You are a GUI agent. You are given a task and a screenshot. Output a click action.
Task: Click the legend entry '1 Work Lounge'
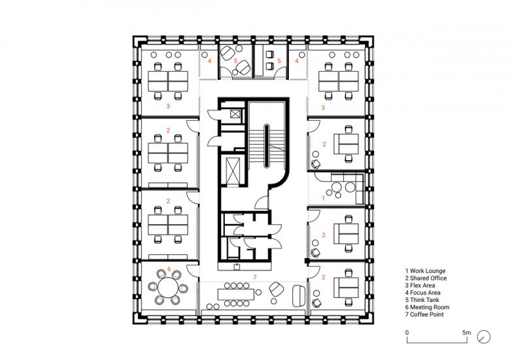[425, 270]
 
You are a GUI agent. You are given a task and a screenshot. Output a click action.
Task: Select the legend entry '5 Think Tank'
[422, 300]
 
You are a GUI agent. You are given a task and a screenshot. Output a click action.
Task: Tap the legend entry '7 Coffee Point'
[424, 314]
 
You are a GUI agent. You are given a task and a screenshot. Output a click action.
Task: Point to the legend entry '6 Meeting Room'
[427, 307]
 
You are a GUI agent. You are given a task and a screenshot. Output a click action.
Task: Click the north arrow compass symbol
[484, 337]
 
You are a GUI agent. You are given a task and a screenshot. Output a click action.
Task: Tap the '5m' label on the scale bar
[466, 333]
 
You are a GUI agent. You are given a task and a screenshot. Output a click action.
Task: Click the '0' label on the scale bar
[407, 333]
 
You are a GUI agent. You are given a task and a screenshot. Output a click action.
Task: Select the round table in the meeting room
[168, 287]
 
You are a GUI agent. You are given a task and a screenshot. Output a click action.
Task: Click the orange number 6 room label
[169, 269]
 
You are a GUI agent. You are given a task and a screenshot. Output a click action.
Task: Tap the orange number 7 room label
[255, 277]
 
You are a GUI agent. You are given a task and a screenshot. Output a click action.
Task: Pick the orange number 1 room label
[323, 198]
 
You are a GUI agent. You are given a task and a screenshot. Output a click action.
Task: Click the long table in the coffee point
[236, 295]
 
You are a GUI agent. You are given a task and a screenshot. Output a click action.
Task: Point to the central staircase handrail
[266, 146]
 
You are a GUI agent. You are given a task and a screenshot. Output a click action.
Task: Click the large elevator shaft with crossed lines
[233, 171]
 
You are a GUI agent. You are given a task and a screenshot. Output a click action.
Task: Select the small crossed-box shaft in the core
[235, 114]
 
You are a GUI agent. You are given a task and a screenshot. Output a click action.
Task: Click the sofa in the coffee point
[299, 296]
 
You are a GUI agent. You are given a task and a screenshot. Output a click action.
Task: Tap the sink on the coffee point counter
[237, 267]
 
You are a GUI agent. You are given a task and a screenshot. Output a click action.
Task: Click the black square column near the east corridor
[306, 260]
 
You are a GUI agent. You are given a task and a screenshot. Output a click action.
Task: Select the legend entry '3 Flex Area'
[420, 286]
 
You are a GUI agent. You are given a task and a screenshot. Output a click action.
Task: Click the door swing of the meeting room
[192, 270]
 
